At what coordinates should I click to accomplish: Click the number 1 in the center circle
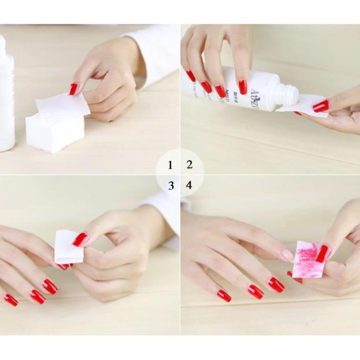pos(170,165)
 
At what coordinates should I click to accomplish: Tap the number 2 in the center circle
pos(190,165)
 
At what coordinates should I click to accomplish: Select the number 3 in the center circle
pos(170,186)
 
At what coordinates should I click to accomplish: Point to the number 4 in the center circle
pos(189,186)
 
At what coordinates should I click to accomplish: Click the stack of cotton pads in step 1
pos(54,131)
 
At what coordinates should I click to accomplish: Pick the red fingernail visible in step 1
pos(73,89)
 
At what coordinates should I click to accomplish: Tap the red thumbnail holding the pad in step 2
pos(321,106)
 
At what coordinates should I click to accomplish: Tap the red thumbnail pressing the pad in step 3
pos(80,239)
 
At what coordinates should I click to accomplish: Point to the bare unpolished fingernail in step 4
pos(287,255)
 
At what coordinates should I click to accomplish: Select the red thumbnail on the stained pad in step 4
pos(323,253)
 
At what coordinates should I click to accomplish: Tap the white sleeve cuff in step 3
pos(165,214)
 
